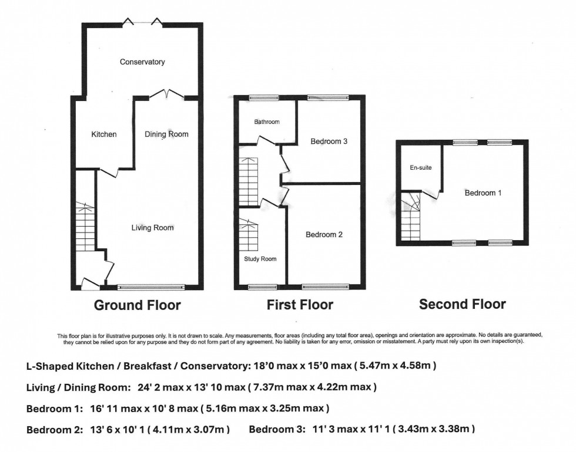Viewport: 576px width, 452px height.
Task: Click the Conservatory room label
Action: tap(142, 62)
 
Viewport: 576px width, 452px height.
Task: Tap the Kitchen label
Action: tap(104, 134)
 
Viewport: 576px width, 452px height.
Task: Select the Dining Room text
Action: tap(166, 134)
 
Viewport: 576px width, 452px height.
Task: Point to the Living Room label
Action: tap(152, 228)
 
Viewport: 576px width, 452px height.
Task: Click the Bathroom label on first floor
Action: tap(267, 122)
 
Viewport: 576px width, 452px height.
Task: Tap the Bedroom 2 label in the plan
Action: tap(324, 235)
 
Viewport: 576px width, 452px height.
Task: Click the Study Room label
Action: tap(260, 259)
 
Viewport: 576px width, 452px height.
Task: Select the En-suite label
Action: tap(421, 168)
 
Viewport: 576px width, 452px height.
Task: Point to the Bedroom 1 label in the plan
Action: tap(483, 193)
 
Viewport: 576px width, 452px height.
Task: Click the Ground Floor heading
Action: tap(138, 305)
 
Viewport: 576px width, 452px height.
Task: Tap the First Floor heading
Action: tap(300, 305)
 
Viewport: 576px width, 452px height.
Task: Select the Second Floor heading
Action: tap(462, 304)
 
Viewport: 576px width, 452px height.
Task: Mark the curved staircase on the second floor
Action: tap(411, 217)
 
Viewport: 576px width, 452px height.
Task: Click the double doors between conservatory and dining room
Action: tap(167, 95)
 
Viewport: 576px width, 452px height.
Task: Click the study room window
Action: tap(262, 286)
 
